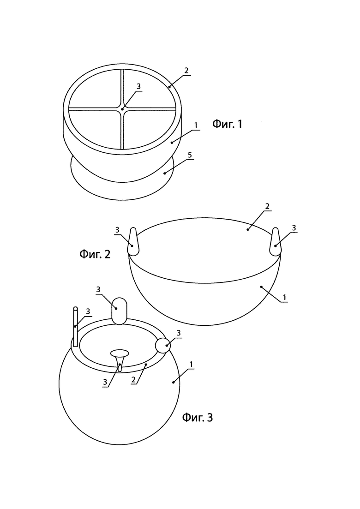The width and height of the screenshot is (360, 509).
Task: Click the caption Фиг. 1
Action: pyautogui.click(x=227, y=124)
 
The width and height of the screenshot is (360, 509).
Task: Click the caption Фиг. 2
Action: pyautogui.click(x=95, y=254)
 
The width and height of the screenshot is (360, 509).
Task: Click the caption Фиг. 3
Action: pyautogui.click(x=198, y=417)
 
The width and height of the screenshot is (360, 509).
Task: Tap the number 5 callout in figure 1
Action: pyautogui.click(x=190, y=155)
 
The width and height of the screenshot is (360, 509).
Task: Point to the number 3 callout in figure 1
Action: pyautogui.click(x=138, y=86)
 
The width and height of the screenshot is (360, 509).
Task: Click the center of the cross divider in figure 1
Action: pyautogui.click(x=122, y=109)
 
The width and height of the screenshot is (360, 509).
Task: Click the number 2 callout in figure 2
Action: pyautogui.click(x=267, y=206)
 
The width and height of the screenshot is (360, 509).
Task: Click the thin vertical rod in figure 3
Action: pyautogui.click(x=76, y=326)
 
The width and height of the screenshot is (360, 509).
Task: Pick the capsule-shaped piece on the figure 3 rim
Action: pyautogui.click(x=119, y=311)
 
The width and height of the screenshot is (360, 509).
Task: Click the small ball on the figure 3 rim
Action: pyautogui.click(x=163, y=345)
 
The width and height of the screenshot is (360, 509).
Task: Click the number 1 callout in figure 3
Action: pyautogui.click(x=192, y=365)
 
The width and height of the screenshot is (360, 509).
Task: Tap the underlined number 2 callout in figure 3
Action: pyautogui.click(x=133, y=380)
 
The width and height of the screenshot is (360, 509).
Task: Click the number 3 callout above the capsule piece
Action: pyautogui.click(x=98, y=289)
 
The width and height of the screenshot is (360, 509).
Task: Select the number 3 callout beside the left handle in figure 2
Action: pyautogui.click(x=117, y=230)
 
